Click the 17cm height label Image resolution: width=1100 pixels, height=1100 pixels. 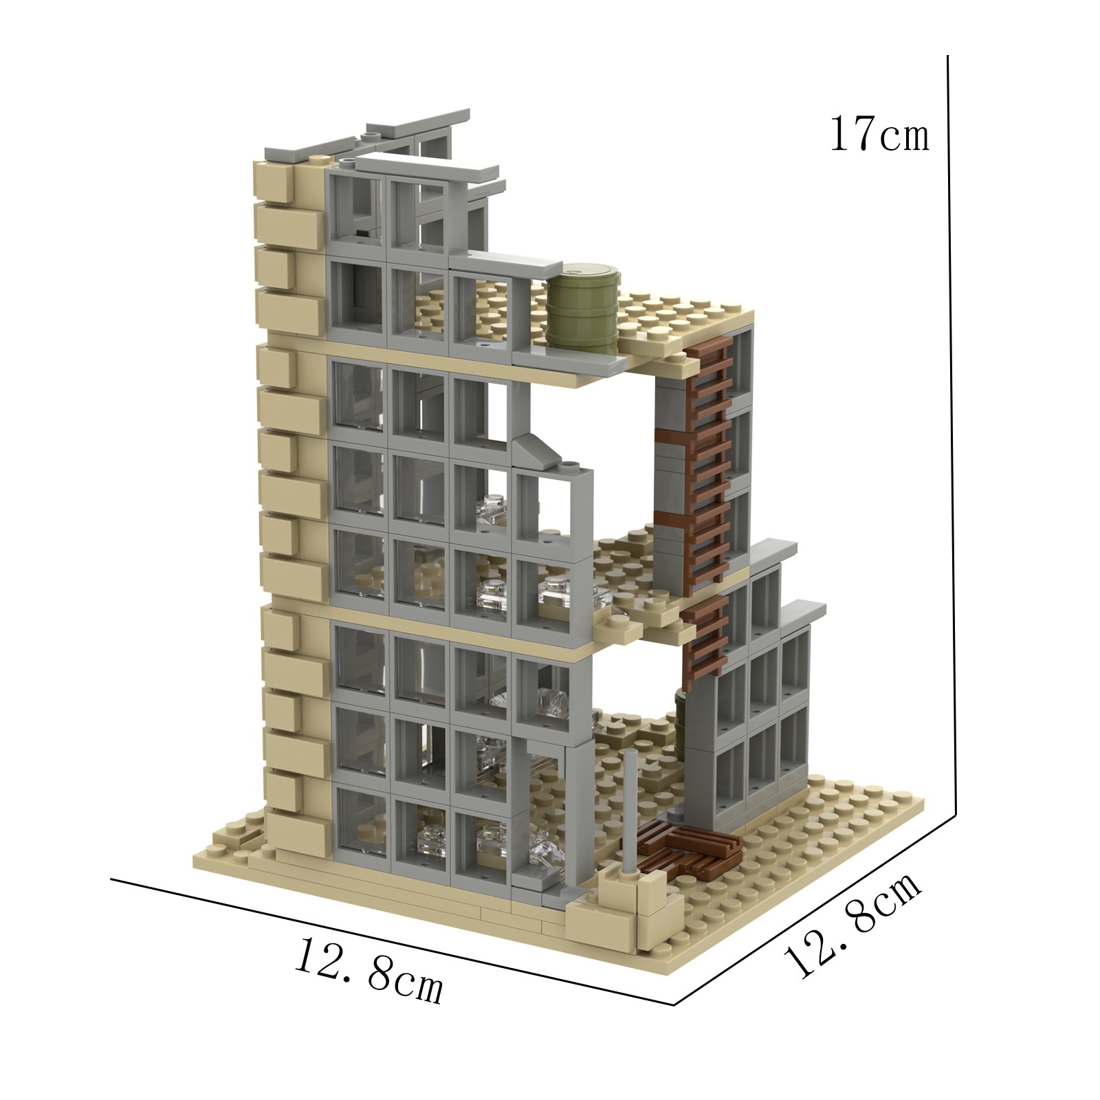coord(879,134)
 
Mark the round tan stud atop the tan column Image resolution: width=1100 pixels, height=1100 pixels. coord(317,160)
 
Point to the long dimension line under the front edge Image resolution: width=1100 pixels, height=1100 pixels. coord(392,941)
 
